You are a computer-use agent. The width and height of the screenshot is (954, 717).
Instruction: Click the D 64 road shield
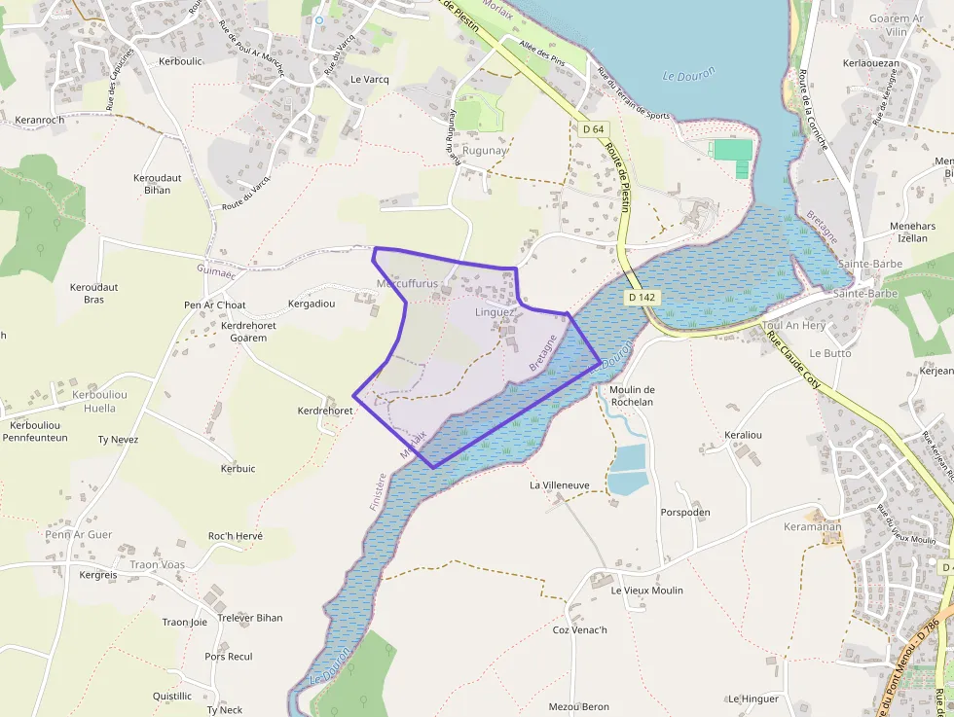[593, 129]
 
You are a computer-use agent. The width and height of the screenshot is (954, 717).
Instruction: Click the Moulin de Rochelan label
[632, 396]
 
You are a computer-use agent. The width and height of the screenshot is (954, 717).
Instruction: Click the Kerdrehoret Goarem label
[249, 332]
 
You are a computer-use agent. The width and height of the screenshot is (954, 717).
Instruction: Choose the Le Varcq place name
[370, 80]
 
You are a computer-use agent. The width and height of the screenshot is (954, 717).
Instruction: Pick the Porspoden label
[685, 513]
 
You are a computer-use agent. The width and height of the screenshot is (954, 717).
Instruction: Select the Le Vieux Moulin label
[646, 591]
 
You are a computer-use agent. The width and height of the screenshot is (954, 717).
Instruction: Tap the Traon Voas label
[157, 564]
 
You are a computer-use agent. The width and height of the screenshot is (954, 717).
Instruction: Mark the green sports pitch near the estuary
[734, 151]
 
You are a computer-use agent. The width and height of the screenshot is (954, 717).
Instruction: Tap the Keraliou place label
[744, 435]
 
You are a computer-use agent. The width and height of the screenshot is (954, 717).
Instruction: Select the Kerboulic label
[179, 61]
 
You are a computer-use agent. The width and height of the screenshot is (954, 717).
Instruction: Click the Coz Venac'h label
[579, 629]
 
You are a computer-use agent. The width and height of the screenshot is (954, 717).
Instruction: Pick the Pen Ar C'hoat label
[213, 305]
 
